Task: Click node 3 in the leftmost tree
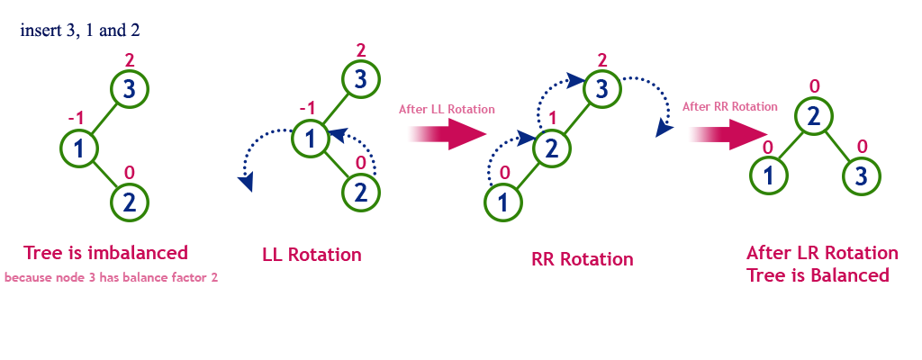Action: (129, 88)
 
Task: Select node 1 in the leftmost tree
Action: (79, 148)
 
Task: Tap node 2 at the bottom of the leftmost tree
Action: (129, 202)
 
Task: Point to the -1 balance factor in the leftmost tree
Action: (77, 118)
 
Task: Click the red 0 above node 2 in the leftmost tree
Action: (129, 172)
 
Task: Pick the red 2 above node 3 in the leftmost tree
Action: (129, 59)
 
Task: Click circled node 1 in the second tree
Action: (311, 139)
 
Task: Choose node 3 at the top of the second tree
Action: (360, 79)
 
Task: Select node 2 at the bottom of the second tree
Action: (360, 192)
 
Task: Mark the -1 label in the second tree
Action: (307, 108)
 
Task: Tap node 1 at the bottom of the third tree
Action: (502, 202)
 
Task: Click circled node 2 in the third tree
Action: (552, 148)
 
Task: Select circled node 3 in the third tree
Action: (601, 88)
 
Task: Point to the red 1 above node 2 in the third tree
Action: (553, 117)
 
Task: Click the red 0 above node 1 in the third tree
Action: (503, 172)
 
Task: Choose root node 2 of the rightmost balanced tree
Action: (813, 115)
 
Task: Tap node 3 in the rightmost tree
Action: (861, 175)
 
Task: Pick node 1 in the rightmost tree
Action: (768, 175)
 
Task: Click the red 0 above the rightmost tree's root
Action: (814, 86)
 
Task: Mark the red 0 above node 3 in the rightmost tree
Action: (862, 146)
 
